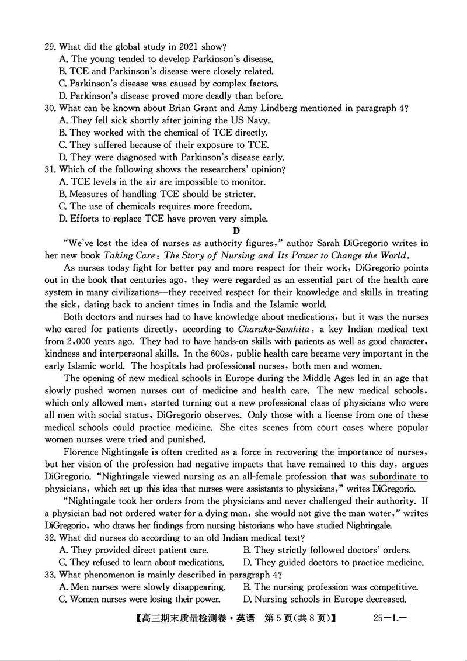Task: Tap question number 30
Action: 51,108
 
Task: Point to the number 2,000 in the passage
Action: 79,341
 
